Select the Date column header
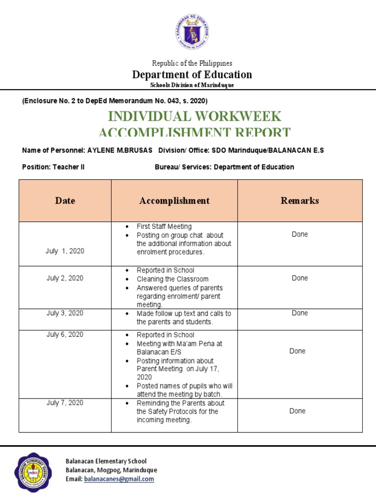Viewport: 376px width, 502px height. coord(65,201)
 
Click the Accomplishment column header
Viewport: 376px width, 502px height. coord(174,201)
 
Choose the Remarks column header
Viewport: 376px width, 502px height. coord(300,201)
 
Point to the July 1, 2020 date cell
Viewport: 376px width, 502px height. coord(65,251)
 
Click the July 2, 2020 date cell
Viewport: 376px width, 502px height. coord(65,278)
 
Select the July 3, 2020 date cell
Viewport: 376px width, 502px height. coord(65,313)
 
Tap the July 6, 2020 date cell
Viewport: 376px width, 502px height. coord(65,335)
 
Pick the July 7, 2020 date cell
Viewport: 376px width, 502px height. coord(65,403)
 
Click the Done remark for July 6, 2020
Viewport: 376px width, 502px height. coord(297,351)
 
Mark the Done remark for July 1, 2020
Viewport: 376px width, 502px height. coord(300,234)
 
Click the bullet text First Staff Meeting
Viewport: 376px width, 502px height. coord(164,226)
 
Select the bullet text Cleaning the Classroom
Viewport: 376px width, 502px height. coord(169,279)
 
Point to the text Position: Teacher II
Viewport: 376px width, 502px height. coord(53,167)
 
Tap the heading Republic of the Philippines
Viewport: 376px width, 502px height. coord(192,63)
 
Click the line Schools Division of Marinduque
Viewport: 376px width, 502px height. coord(192,85)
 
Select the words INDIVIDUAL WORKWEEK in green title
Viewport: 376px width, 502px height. coord(194,116)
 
